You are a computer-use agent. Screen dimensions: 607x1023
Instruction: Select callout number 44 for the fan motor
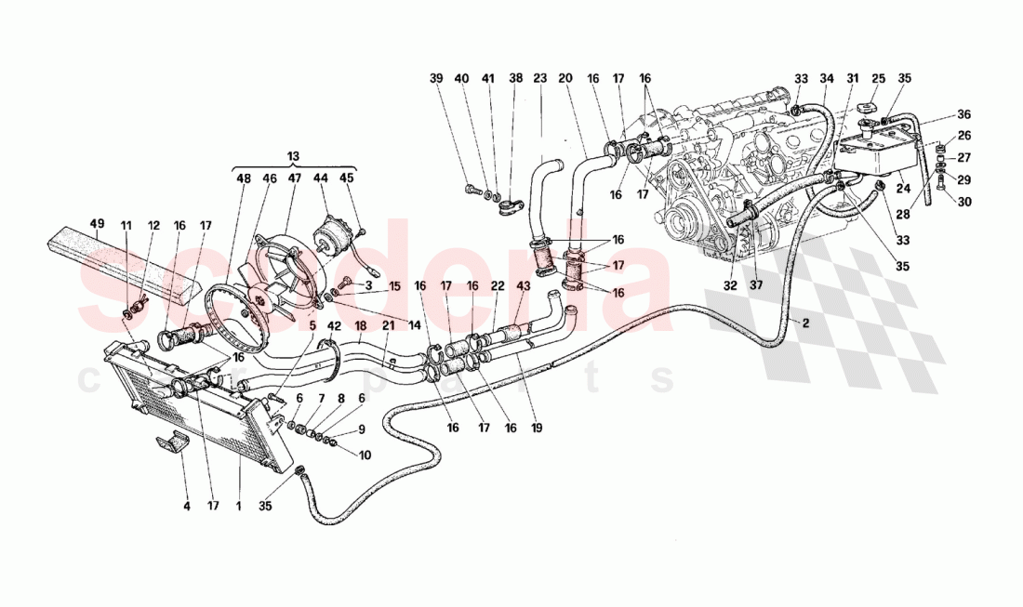coord(321,178)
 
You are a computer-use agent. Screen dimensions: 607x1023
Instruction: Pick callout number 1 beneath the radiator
coord(239,507)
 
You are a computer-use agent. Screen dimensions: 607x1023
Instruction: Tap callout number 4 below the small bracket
coord(186,507)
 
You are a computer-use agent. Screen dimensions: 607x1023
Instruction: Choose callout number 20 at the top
coord(565,80)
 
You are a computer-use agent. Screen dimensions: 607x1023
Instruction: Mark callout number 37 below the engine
coord(754,285)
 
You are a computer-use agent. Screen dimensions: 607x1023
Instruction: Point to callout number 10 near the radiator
coord(364,455)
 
